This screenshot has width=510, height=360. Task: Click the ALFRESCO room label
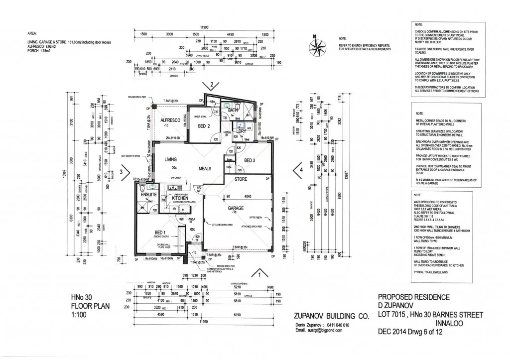tap(169, 120)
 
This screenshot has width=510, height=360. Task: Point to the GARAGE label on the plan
tap(236, 208)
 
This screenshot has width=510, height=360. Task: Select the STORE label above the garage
tap(241, 179)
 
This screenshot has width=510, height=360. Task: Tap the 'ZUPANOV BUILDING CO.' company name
tap(332, 316)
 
